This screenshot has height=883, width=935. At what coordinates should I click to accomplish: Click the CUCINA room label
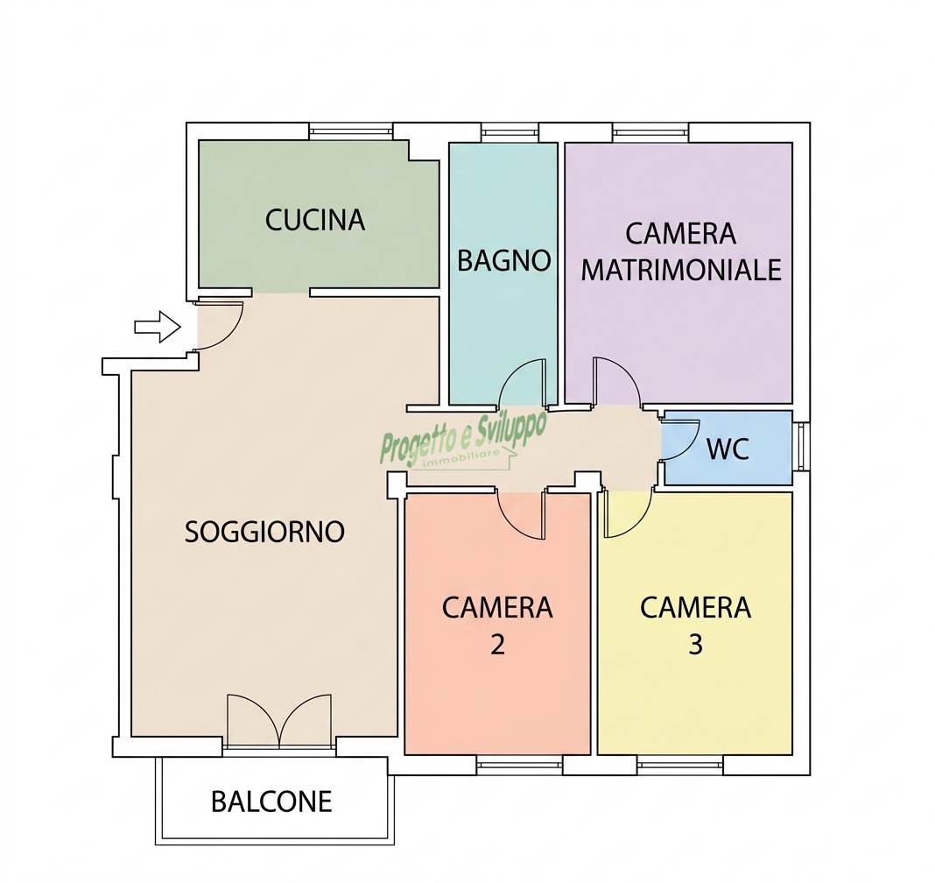[315, 220]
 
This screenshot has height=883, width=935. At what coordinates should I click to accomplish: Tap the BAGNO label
[504, 261]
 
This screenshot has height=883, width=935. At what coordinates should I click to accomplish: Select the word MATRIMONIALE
[681, 270]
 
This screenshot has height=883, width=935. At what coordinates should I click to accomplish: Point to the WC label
[728, 449]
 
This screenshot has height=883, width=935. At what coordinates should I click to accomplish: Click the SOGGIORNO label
[264, 532]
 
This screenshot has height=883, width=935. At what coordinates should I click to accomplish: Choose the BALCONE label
[271, 802]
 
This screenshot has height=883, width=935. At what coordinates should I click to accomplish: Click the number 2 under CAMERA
[497, 645]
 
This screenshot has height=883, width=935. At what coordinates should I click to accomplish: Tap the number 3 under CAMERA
[695, 645]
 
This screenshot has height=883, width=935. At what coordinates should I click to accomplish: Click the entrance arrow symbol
[158, 327]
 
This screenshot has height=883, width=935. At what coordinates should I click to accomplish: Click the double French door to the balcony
[279, 720]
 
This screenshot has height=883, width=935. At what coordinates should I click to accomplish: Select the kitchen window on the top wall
[351, 131]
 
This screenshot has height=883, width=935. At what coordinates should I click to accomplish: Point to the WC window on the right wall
[801, 445]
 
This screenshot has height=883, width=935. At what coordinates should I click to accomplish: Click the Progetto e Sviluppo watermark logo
[463, 439]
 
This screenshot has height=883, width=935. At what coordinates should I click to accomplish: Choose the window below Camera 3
[679, 764]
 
